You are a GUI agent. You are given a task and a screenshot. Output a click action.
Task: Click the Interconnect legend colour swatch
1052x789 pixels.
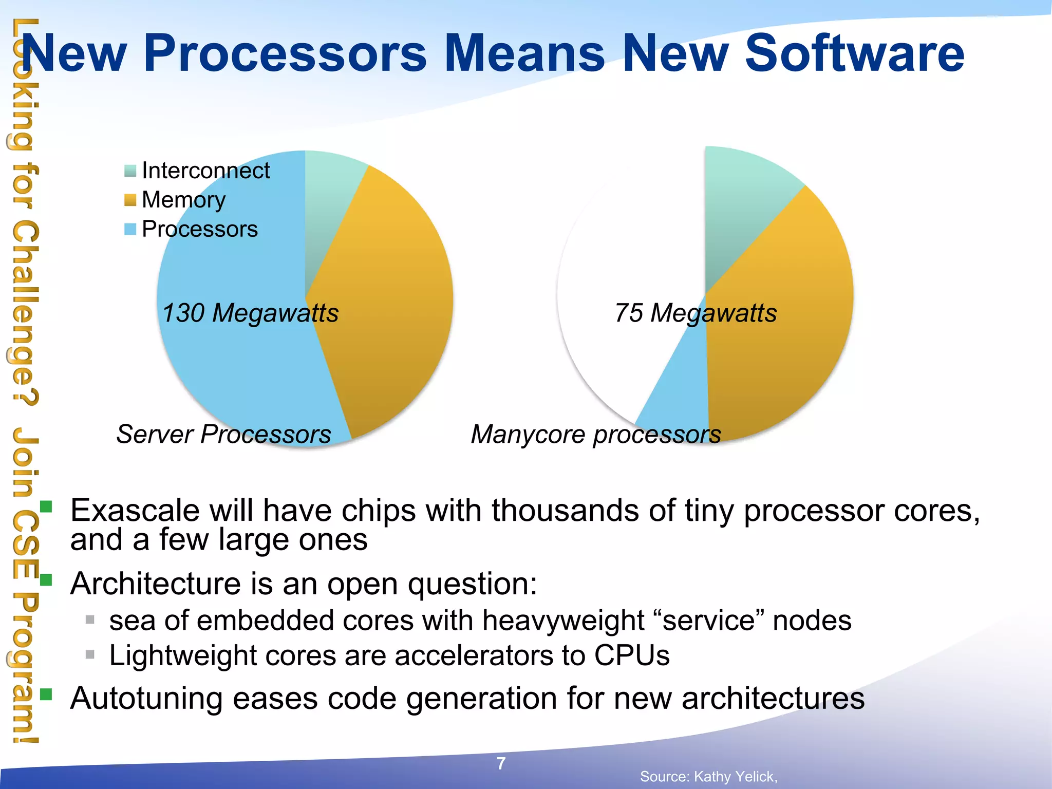[x=130, y=171]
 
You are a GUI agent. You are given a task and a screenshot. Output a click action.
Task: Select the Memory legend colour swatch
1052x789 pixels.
[x=130, y=200]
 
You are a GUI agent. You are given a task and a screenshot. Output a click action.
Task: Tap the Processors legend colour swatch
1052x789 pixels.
[x=130, y=229]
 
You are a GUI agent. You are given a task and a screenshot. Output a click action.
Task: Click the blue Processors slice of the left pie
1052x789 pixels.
[x=231, y=370]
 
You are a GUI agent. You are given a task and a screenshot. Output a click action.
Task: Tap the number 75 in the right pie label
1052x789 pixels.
[x=629, y=313]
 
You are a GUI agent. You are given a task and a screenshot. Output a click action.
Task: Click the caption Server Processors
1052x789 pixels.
[x=223, y=435]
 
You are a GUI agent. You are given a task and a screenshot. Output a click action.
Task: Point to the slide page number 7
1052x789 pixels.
[x=501, y=763]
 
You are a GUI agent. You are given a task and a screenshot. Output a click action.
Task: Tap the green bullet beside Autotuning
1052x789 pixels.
[x=46, y=694]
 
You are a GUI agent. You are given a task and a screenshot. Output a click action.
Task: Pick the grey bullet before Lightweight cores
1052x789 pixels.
[x=90, y=654]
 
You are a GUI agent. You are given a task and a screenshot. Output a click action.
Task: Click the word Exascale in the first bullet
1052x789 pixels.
[x=135, y=511]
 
